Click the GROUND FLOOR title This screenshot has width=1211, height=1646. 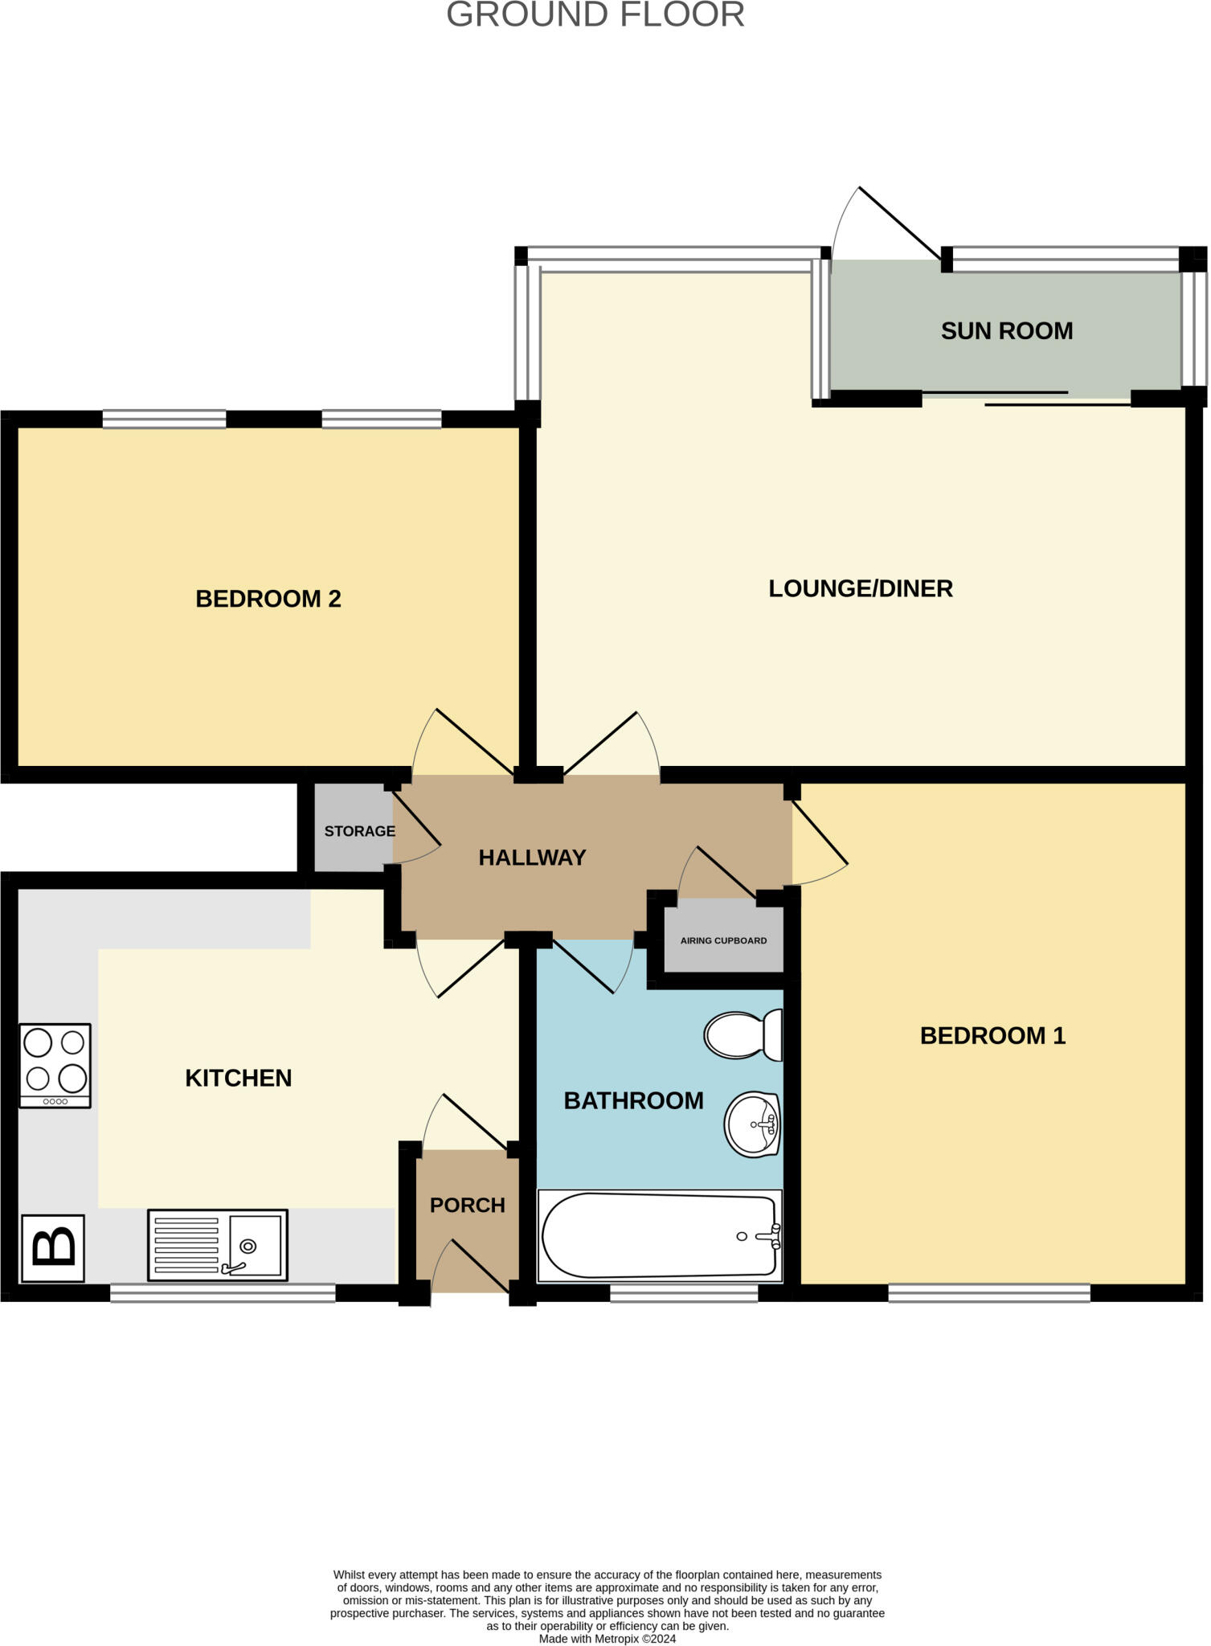pos(595,15)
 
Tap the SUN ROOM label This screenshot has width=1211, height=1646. pos(1006,331)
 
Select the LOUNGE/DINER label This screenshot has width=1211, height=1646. pos(860,588)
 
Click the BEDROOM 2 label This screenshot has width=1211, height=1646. pos(268,599)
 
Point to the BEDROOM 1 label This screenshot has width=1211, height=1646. pos(992,1035)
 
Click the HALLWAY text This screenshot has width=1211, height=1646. pos(532,858)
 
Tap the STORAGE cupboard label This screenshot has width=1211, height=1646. pos(359,831)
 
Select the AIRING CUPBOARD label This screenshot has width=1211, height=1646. pos(723,940)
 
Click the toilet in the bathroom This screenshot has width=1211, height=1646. pos(743,1035)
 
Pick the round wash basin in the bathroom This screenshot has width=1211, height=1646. pos(752,1124)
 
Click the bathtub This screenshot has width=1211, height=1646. pos(659,1235)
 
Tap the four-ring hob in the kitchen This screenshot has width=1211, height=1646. pos(55,1066)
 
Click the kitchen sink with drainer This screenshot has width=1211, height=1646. pos(217,1245)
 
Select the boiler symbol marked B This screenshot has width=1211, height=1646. pos(53,1248)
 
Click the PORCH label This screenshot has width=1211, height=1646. pos(467,1206)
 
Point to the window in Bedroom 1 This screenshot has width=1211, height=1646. pos(988,1293)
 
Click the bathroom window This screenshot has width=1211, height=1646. pos(683,1293)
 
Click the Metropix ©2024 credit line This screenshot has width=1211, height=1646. pos(607,1639)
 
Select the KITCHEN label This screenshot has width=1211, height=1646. pos(238,1079)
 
